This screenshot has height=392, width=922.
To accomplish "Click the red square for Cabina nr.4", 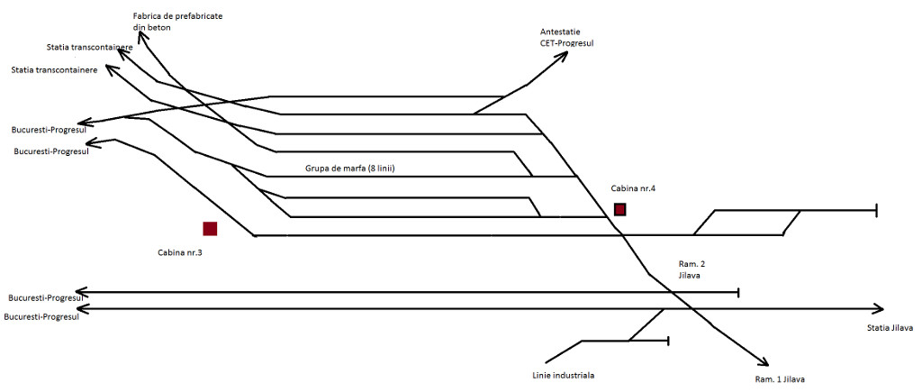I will [619, 210].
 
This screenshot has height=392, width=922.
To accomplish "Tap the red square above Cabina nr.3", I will [210, 229].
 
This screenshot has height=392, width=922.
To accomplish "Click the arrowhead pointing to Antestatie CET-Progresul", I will [565, 56].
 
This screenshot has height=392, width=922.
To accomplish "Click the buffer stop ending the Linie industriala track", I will [667, 341].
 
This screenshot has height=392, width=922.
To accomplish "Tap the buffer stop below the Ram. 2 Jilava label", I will [738, 292].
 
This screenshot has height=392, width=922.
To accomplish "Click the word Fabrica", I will [148, 16].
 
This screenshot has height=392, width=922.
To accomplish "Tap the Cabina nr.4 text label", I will [635, 187].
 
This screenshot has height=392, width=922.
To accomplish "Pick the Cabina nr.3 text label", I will [174, 252].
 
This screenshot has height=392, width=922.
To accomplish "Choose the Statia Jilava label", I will [890, 327].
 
